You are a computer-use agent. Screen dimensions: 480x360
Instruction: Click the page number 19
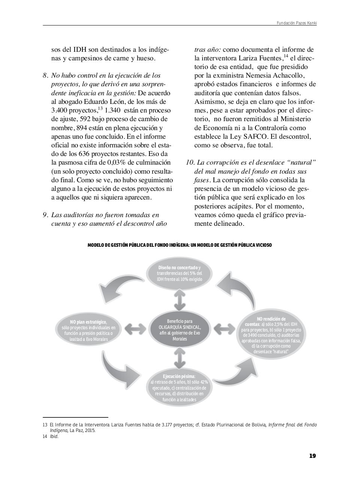(x=312, y=456)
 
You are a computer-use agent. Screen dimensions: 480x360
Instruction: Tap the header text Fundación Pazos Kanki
(x=297, y=23)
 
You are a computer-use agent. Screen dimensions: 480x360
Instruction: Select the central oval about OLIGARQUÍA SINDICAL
(x=180, y=330)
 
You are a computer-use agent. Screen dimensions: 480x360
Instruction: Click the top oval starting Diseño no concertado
(x=179, y=273)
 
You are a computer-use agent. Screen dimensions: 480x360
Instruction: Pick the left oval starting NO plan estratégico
(x=88, y=330)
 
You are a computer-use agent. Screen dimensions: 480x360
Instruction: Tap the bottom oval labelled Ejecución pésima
(x=179, y=387)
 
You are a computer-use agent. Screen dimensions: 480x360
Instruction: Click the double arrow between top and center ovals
(x=180, y=300)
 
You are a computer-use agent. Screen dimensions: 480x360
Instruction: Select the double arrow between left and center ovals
(x=135, y=329)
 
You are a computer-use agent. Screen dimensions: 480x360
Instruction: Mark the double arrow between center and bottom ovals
(x=180, y=358)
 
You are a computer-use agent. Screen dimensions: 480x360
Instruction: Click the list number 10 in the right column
(x=190, y=163)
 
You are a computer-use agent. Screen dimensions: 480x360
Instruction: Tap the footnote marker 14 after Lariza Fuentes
(x=286, y=56)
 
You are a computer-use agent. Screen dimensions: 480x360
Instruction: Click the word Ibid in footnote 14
(x=54, y=436)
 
